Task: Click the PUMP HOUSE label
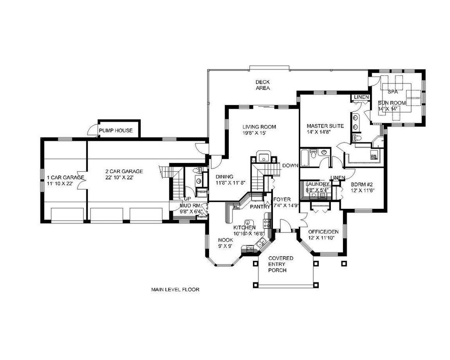coord(116,131)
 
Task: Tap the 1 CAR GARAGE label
coord(65,177)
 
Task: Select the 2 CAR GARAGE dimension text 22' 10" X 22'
coord(124,177)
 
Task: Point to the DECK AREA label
coord(263,85)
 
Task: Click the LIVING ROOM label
coord(259,127)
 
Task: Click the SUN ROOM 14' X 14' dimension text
coord(388,109)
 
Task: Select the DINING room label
coord(225,177)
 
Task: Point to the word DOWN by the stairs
coord(290,165)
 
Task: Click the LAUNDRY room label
coord(317,184)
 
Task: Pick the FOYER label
coord(282,200)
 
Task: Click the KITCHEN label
coord(244,227)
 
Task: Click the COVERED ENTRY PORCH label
coord(280,264)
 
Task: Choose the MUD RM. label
coord(191,205)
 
